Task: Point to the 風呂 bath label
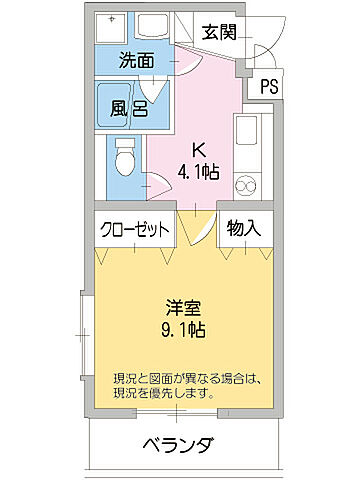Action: (129, 106)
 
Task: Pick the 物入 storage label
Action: (243, 228)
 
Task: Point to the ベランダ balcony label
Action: (179, 445)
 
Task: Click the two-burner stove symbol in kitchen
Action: (245, 185)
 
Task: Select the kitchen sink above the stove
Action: (246, 131)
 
